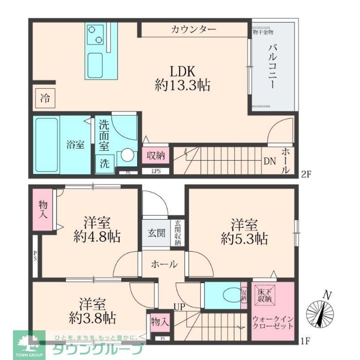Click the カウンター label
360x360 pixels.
(x=193, y=29)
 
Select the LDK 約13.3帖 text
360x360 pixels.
(x=183, y=78)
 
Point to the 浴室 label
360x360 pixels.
(x=75, y=145)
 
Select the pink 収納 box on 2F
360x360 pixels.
(x=156, y=156)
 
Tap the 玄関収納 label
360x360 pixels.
(x=178, y=233)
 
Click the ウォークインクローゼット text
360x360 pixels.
(x=273, y=323)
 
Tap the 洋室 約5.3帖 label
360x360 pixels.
(x=244, y=232)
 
